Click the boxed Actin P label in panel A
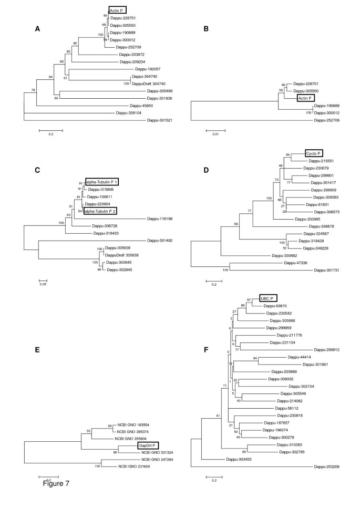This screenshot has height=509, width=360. pos(117,11)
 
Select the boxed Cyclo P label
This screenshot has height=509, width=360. pos(314,153)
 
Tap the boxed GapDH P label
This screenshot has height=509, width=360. pos(148,445)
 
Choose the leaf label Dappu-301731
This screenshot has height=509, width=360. pos(325,270)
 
